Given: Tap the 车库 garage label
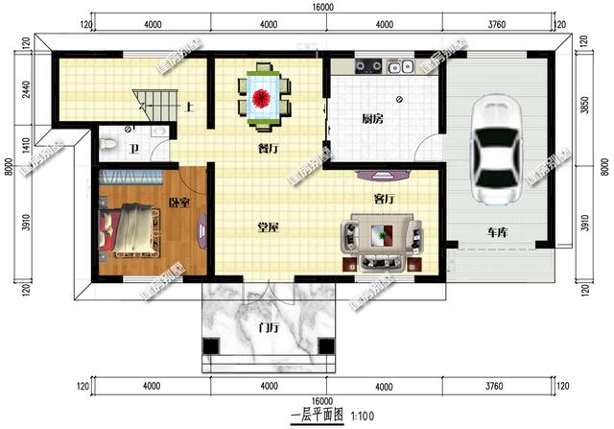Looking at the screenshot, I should click(x=496, y=233).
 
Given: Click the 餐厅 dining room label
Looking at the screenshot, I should click(x=269, y=149).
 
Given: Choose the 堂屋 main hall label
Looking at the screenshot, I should click(x=268, y=227).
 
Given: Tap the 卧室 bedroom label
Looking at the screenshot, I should click(x=178, y=203).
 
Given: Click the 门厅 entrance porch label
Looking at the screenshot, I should click(x=270, y=326).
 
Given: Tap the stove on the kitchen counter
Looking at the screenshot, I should click(x=367, y=67).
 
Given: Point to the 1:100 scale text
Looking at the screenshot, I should click(x=364, y=416).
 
